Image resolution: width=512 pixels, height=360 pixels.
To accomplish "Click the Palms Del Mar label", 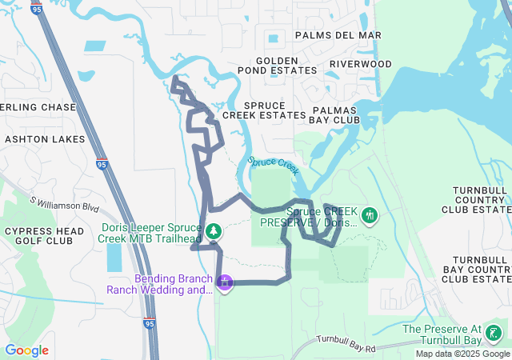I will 338,35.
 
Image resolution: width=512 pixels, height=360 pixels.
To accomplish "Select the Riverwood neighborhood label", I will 360,64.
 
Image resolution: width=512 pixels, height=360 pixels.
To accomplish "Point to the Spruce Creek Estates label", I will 263,110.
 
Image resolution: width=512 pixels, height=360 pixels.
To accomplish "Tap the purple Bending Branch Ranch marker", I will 226,282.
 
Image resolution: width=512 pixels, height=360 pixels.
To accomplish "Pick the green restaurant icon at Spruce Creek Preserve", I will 370,215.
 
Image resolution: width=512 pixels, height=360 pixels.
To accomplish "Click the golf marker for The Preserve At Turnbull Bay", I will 496,333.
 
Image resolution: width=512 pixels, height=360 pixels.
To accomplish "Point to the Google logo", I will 26,350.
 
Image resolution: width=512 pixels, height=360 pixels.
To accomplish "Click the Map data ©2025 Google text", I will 462,354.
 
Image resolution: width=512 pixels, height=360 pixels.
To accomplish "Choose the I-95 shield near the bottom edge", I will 150,322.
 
